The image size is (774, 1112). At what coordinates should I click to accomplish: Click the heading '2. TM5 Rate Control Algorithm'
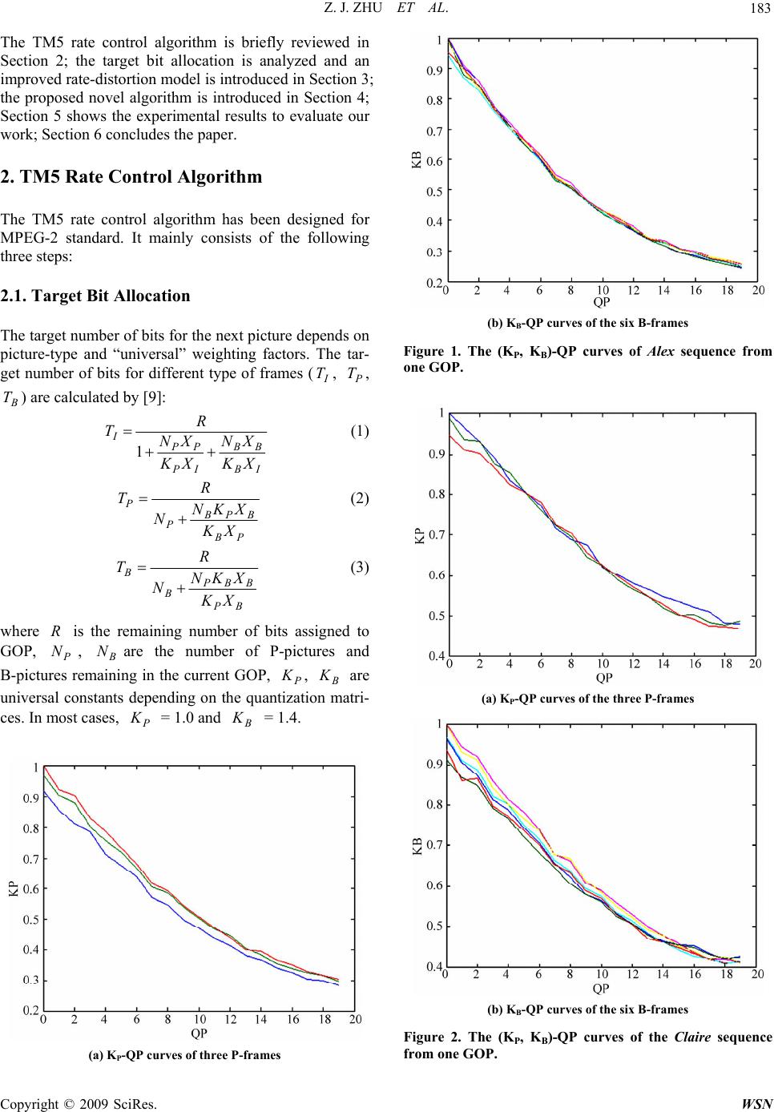[132, 177]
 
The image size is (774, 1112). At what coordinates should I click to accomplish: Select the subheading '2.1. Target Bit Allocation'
[96, 296]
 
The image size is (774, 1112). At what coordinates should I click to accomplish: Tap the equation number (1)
[359, 432]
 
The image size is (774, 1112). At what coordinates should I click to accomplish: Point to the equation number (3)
[359, 568]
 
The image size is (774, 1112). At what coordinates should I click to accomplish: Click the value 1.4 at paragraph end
[287, 717]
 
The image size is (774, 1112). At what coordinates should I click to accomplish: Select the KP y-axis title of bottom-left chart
[14, 888]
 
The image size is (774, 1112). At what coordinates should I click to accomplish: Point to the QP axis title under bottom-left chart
[199, 1033]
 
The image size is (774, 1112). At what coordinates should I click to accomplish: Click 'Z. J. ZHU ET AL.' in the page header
[386, 9]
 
